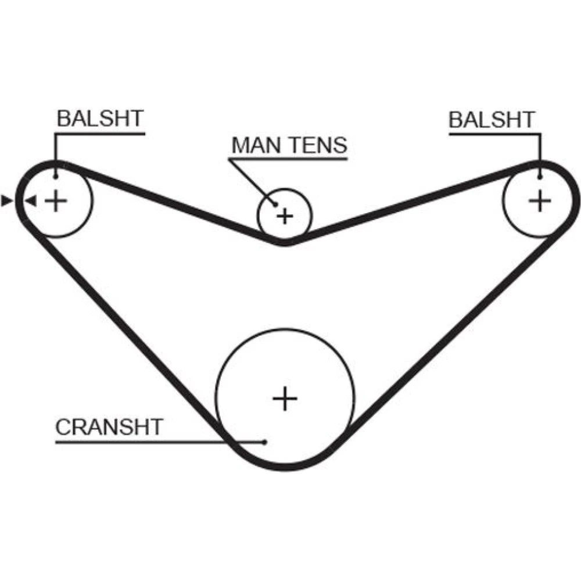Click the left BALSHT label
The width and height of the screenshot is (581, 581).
99,119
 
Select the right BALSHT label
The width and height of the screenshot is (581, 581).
492,120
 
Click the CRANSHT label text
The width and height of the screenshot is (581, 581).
109,427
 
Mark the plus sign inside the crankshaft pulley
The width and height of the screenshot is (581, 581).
285,399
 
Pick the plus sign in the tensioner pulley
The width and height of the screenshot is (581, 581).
285,217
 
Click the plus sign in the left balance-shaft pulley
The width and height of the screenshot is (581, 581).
56,201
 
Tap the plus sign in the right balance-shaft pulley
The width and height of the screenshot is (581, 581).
540,201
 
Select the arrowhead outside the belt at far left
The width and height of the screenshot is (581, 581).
7,201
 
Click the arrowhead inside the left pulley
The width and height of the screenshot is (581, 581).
31,201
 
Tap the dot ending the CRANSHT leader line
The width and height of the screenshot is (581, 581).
265,442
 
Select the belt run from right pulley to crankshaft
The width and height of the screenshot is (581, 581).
453,343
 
